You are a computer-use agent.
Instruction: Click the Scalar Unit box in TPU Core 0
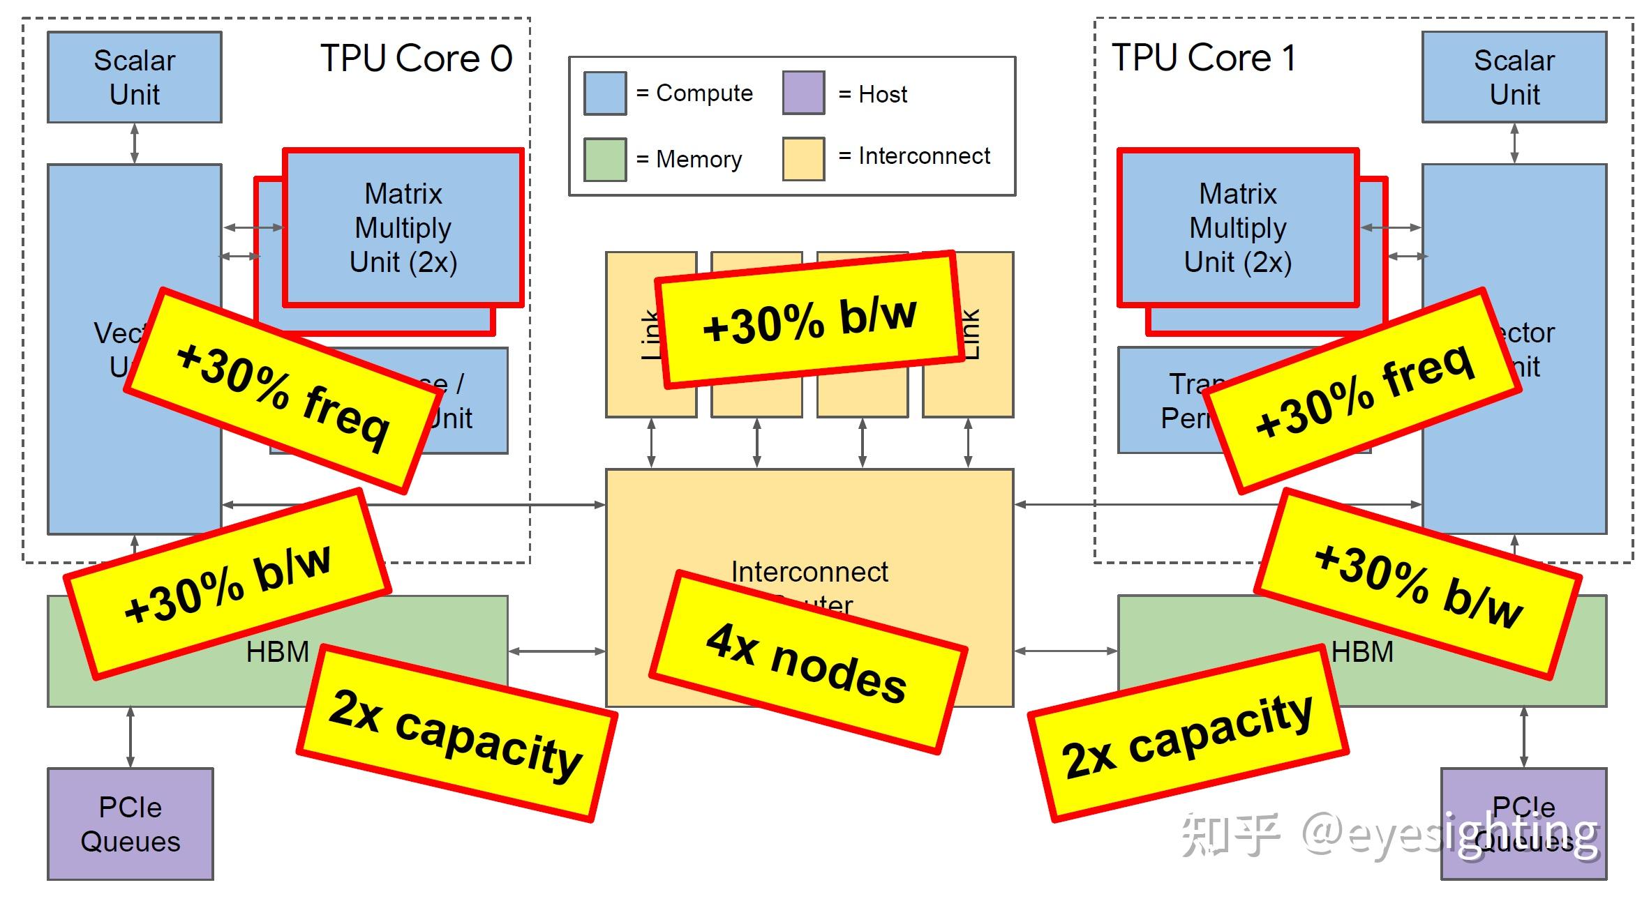click(134, 77)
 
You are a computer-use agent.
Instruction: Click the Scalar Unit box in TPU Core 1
click(1514, 77)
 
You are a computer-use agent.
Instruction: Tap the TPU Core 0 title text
click(416, 58)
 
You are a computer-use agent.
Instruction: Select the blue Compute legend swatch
click(604, 93)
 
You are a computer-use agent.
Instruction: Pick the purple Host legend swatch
click(803, 93)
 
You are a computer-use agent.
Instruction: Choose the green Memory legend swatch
click(604, 160)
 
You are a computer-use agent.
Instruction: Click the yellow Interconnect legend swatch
click(803, 159)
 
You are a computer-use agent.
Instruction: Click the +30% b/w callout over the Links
click(809, 319)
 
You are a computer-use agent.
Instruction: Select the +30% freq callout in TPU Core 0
click(283, 391)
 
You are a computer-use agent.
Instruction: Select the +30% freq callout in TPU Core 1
click(1363, 391)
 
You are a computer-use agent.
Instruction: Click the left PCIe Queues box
click(130, 824)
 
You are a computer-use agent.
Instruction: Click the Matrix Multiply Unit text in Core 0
click(403, 227)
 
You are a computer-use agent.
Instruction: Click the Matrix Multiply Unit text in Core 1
click(1237, 227)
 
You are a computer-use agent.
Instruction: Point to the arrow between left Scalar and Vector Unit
click(134, 143)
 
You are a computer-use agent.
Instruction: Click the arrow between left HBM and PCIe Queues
click(130, 737)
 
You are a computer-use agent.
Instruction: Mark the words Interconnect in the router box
click(809, 572)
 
